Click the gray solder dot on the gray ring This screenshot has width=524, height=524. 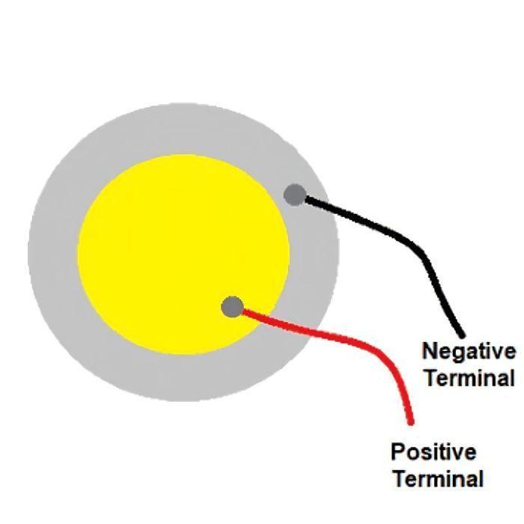[x=295, y=195]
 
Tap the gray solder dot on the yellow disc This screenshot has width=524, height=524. [x=233, y=307]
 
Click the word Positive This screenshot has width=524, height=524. [x=433, y=451]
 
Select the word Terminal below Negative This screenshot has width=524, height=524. [x=470, y=378]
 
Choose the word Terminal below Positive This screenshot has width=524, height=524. [x=439, y=478]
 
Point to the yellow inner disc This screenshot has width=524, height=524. [x=183, y=255]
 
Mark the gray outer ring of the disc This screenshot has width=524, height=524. [x=53, y=251]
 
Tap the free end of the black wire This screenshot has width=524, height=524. [x=463, y=335]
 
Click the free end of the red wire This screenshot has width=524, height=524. [x=412, y=423]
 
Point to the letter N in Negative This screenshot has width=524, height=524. [x=430, y=351]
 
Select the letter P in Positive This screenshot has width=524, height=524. [x=398, y=451]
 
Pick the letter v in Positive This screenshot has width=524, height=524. [x=456, y=454]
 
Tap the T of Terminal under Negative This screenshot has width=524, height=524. [x=432, y=378]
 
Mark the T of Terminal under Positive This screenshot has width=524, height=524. [x=400, y=478]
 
